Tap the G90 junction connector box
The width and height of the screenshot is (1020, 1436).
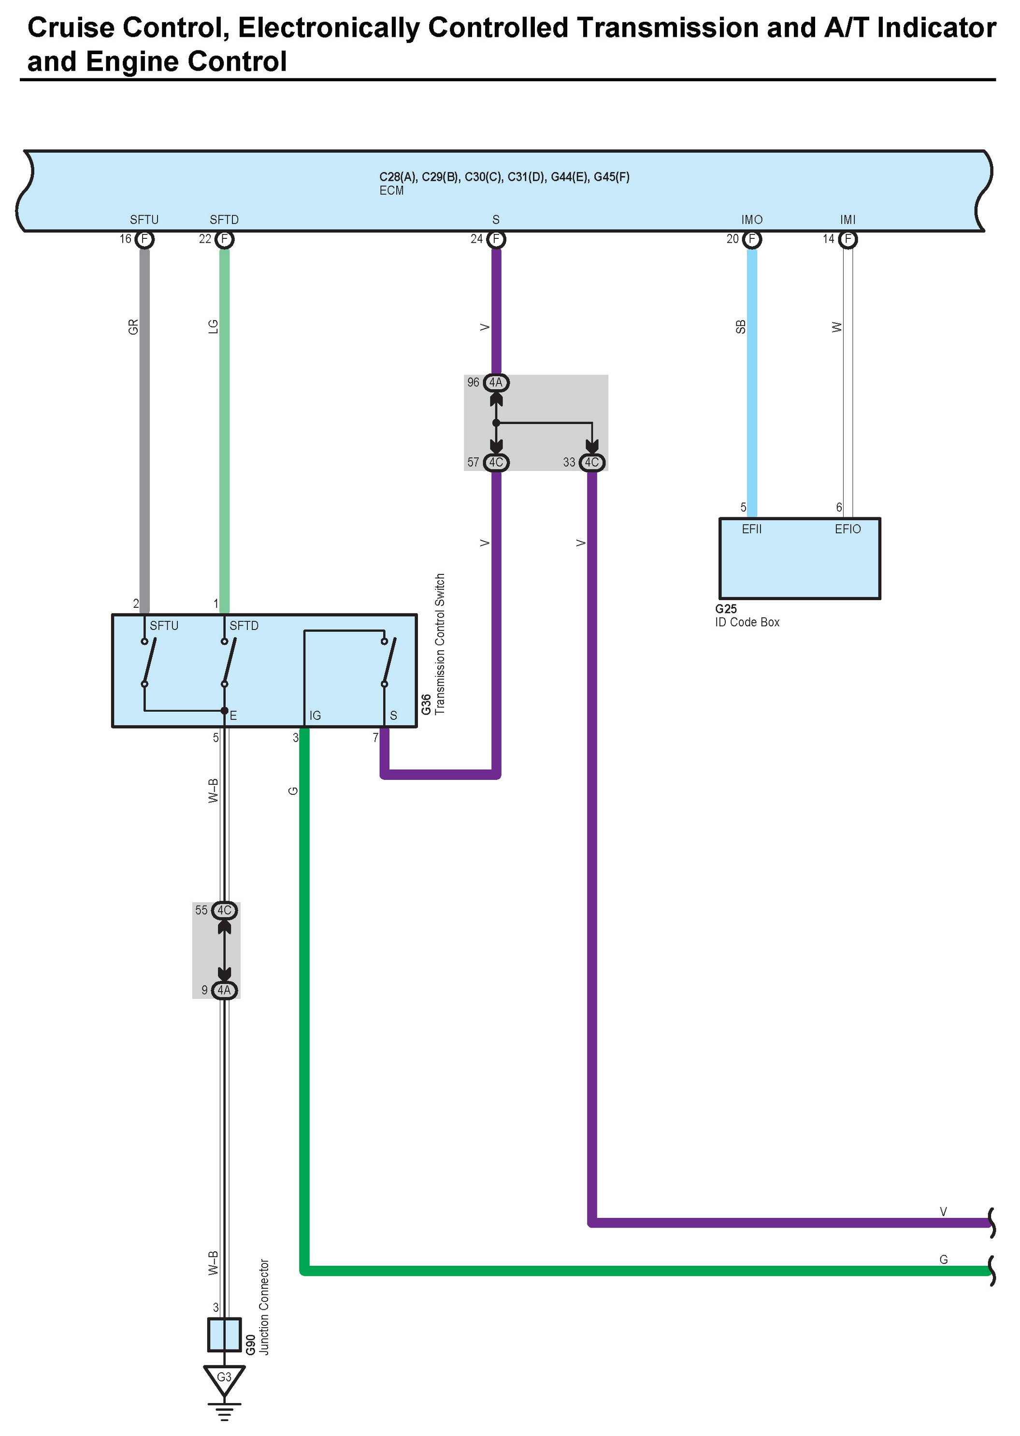pyautogui.click(x=224, y=1334)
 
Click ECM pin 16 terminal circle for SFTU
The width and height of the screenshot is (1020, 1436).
pyautogui.click(x=144, y=239)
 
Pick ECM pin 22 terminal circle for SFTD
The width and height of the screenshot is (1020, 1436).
pyautogui.click(x=224, y=239)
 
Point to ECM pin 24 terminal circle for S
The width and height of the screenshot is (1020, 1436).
pyautogui.click(x=496, y=239)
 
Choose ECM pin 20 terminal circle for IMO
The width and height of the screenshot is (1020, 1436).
pyautogui.click(x=752, y=239)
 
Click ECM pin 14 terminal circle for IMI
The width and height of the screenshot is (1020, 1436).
pyautogui.click(x=848, y=239)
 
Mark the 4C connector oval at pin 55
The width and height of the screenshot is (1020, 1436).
pyautogui.click(x=224, y=910)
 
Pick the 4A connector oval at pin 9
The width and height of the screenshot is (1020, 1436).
pyautogui.click(x=224, y=990)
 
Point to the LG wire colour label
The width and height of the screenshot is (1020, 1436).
pyautogui.click(x=213, y=327)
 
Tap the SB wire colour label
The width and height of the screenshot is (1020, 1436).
pyautogui.click(x=741, y=327)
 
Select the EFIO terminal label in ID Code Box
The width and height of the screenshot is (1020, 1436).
pyautogui.click(x=848, y=529)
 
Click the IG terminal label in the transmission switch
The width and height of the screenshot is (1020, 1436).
pyautogui.click(x=315, y=715)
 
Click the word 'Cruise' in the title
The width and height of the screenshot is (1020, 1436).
pyautogui.click(x=70, y=28)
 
